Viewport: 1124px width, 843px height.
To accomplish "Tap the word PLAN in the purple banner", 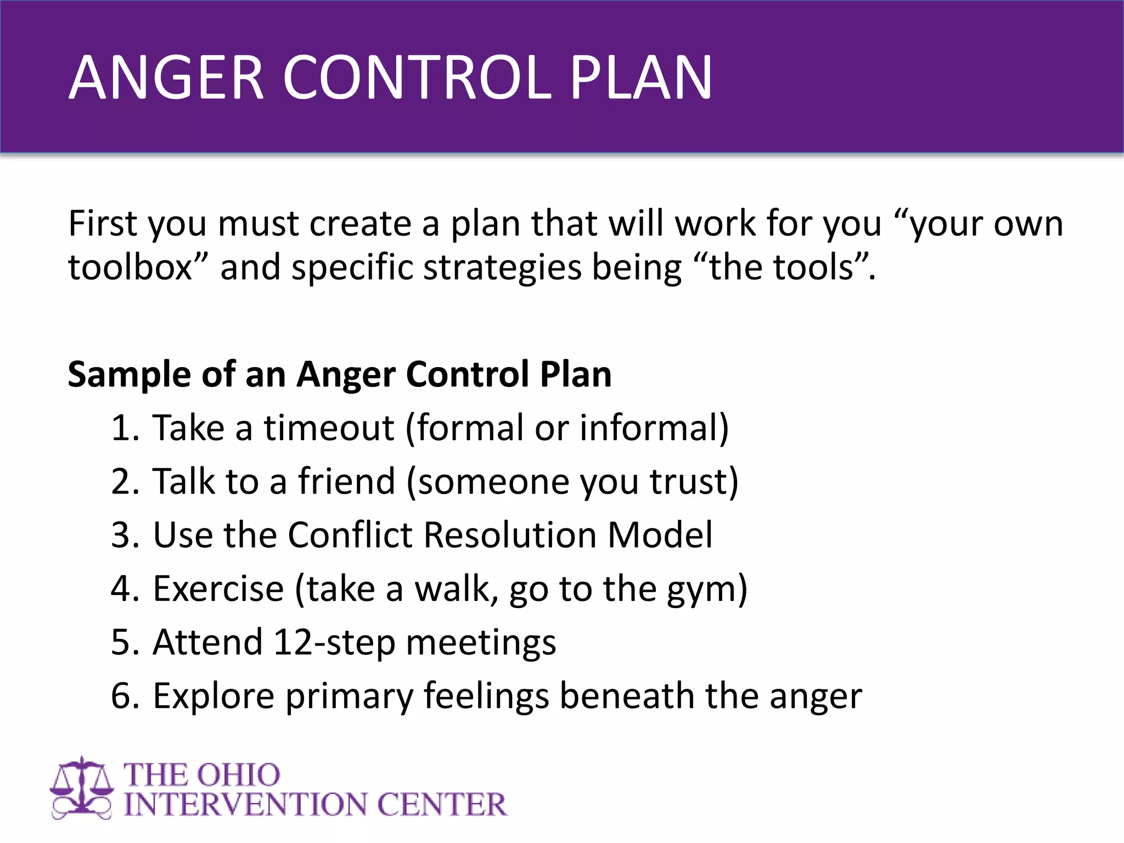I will [640, 78].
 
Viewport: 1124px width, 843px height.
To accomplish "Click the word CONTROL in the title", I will [417, 78].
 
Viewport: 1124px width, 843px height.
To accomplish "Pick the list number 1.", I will [123, 428].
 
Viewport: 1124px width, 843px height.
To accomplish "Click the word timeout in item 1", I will [329, 428].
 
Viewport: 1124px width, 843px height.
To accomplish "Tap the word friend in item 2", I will [346, 481].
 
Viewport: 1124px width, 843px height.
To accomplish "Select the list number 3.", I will [124, 535].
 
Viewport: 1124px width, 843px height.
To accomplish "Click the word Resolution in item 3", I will [510, 535].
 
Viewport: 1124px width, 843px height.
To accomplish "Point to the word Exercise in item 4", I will [218, 589].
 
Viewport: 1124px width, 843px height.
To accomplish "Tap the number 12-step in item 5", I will [334, 643].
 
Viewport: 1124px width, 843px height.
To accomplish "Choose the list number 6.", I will [124, 696].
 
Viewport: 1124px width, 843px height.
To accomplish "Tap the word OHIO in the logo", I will [238, 775].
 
